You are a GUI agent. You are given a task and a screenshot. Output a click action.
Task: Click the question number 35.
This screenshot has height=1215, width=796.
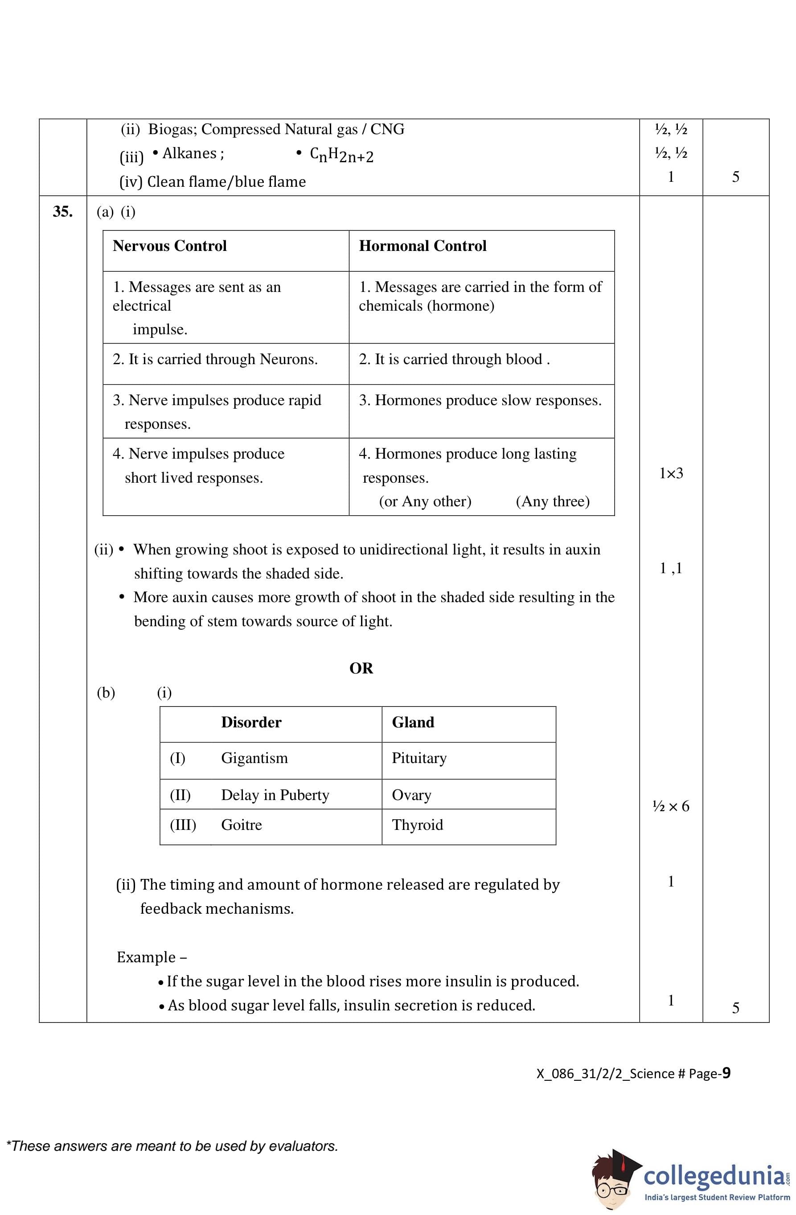click(x=62, y=211)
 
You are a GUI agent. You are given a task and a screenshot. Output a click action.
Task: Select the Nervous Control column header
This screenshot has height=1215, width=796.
click(x=169, y=246)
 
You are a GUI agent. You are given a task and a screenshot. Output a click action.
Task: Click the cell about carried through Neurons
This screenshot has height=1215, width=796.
click(x=215, y=359)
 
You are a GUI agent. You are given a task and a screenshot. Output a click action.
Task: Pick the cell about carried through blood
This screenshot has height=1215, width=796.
click(x=454, y=359)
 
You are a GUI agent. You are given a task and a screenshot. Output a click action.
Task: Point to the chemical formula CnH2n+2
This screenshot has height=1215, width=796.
click(x=341, y=155)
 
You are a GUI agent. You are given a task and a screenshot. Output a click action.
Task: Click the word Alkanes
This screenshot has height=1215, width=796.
click(x=189, y=153)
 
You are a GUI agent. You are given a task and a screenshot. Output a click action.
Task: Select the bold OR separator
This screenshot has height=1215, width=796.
click(x=361, y=668)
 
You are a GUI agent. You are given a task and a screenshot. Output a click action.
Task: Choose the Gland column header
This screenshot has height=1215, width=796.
click(x=413, y=722)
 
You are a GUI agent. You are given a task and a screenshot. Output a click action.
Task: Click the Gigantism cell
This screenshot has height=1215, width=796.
click(x=254, y=758)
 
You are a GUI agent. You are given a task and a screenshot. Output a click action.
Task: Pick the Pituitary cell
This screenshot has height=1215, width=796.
click(x=419, y=758)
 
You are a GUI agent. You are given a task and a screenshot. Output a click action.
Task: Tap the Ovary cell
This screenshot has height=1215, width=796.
click(x=411, y=795)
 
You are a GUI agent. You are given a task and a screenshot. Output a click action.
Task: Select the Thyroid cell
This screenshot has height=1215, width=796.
click(x=417, y=825)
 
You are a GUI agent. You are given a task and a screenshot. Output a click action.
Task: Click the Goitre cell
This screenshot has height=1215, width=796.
click(x=241, y=825)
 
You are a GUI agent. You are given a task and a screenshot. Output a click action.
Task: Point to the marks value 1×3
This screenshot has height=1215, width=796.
click(x=670, y=473)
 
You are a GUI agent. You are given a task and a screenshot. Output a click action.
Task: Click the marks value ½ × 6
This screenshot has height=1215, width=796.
click(x=670, y=806)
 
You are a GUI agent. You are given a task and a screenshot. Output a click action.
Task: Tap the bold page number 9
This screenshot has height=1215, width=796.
click(x=726, y=1073)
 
